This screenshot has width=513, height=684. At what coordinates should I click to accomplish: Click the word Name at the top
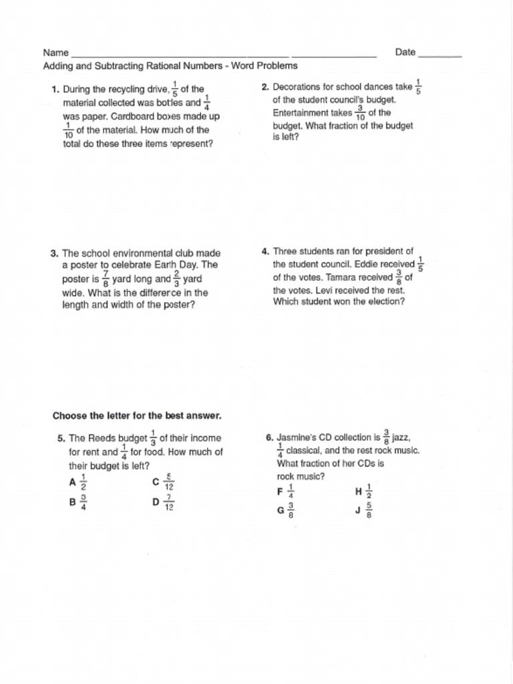coord(56,53)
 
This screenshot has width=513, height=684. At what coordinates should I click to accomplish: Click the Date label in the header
coord(405,52)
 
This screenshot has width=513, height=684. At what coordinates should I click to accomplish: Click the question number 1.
coord(55,90)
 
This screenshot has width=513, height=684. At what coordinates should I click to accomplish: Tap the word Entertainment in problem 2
coord(302,113)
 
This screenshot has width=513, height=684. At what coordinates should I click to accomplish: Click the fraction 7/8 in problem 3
coord(106,279)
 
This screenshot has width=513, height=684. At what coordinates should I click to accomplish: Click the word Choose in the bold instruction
coord(69,415)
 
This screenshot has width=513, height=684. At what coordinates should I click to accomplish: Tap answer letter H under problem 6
coord(359,492)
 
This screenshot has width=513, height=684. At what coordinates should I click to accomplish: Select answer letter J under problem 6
coord(359,510)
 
